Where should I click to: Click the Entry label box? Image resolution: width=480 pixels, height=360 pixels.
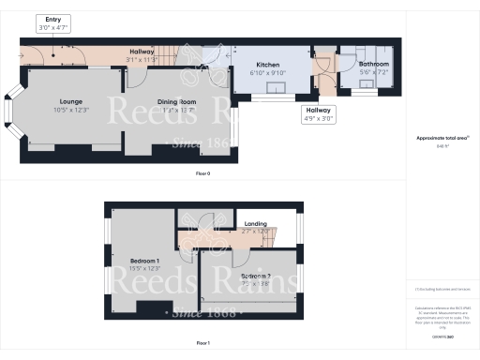coord(53,24)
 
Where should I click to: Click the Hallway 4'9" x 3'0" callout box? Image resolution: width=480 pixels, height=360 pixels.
coord(316,115)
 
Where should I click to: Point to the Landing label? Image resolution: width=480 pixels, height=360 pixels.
coord(255,224)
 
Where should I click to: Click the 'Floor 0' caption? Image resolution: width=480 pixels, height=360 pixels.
coord(203,174)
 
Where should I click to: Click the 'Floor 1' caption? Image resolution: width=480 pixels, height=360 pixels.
coord(203,344)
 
